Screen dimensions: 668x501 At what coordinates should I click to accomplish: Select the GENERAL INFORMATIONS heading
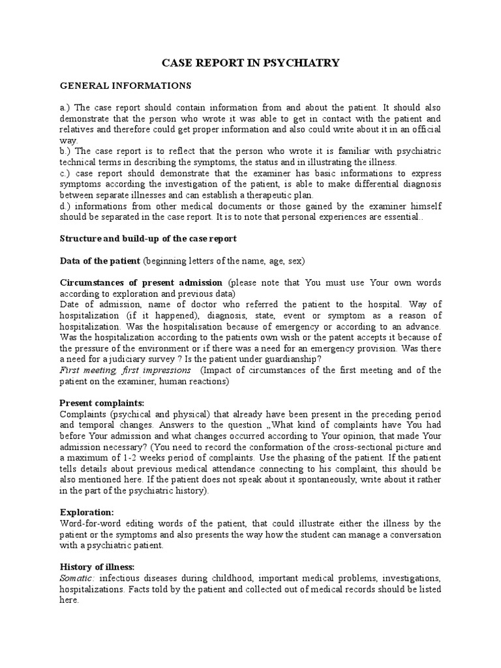coord(125,85)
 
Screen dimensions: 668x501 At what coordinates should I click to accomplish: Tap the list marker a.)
coord(65,108)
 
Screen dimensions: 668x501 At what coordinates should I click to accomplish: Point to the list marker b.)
coord(65,151)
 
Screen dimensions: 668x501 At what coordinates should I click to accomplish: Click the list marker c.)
coord(65,173)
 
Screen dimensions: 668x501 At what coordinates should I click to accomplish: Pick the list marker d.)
coord(65,205)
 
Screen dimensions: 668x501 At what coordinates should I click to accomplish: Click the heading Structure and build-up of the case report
coord(148,239)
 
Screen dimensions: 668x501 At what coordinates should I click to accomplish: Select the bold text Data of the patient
coord(100,261)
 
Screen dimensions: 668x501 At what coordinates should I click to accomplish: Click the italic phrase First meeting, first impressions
coord(125,370)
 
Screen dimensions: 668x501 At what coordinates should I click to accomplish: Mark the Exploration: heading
coord(87,512)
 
